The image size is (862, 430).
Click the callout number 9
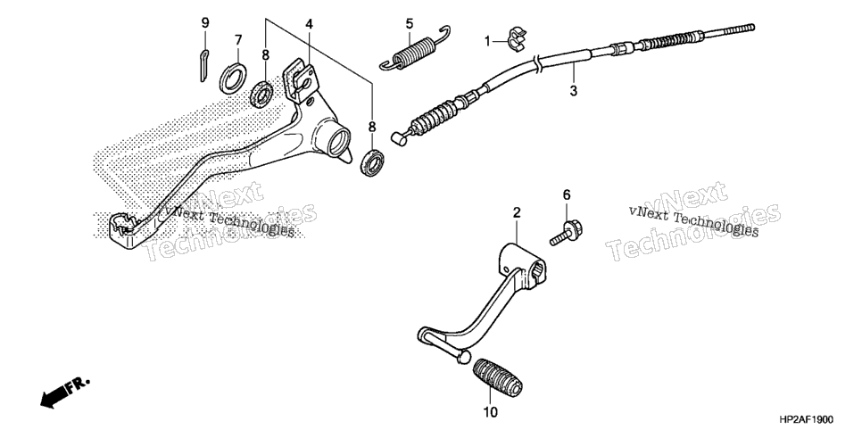pyautogui.click(x=205, y=23)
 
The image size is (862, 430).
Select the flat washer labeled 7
pyautogui.click(x=233, y=79)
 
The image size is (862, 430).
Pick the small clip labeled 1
pyautogui.click(x=516, y=39)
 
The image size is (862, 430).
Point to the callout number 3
pyautogui.click(x=574, y=91)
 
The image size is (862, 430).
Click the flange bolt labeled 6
pyautogui.click(x=567, y=233)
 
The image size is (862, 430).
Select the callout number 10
pyautogui.click(x=491, y=411)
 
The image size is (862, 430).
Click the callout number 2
pyautogui.click(x=517, y=212)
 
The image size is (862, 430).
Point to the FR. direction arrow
pyautogui.click(x=64, y=393)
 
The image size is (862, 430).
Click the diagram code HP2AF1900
pyautogui.click(x=807, y=419)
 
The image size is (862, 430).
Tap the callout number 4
pyautogui.click(x=310, y=24)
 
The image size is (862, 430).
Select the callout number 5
pyautogui.click(x=409, y=24)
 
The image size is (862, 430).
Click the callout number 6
pyautogui.click(x=567, y=194)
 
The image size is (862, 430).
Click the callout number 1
pyautogui.click(x=487, y=41)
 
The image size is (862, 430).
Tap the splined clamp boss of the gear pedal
pyautogui.click(x=524, y=264)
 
